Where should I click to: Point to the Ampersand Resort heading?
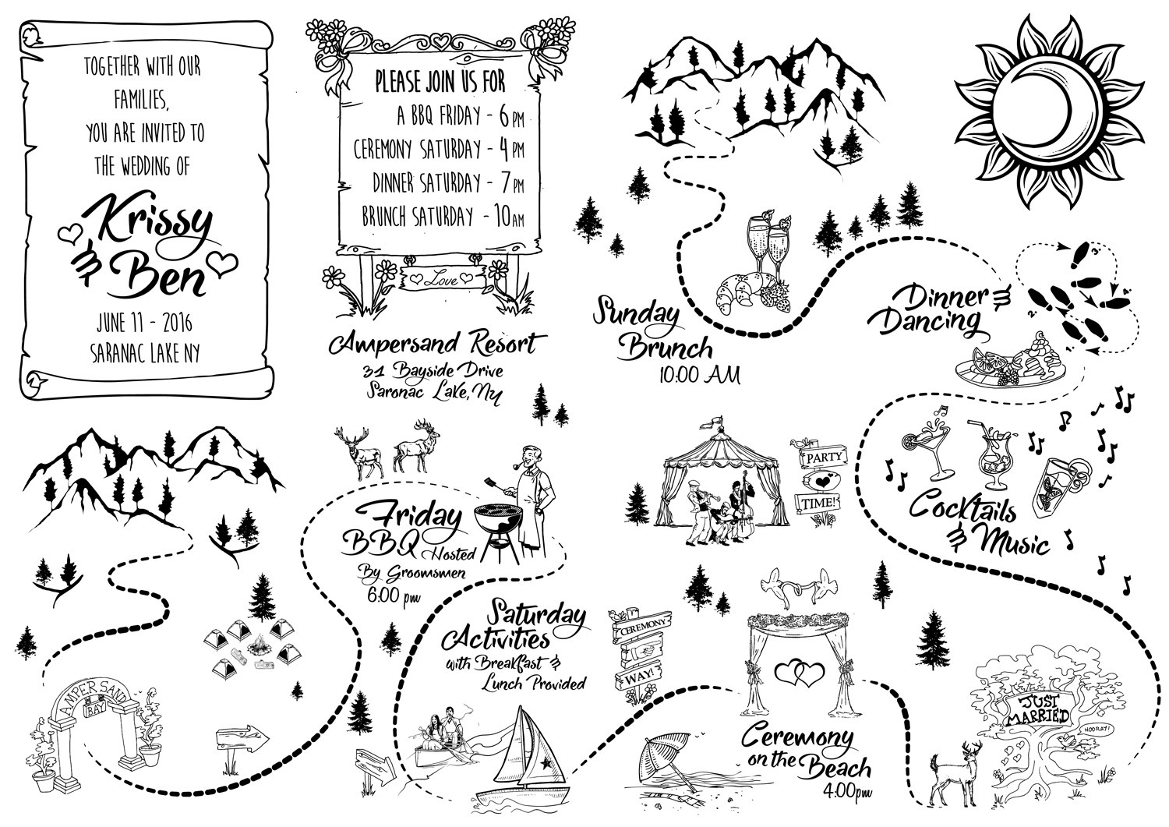click(x=434, y=344)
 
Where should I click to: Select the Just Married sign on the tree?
click(x=1036, y=711)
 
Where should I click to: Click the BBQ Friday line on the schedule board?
click(x=460, y=117)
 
